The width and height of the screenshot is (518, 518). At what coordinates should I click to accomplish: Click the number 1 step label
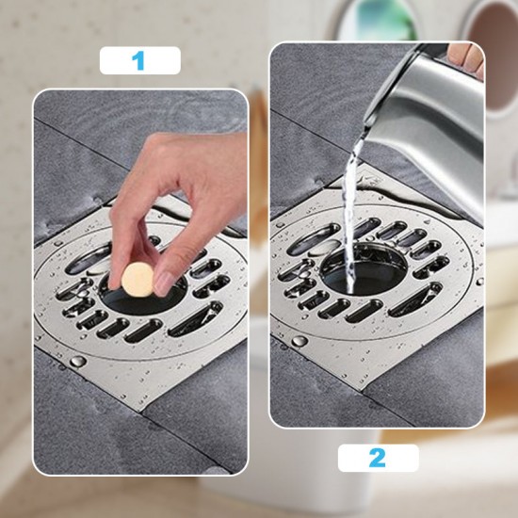[x=139, y=61]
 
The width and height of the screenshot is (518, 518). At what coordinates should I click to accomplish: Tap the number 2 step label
[x=378, y=459]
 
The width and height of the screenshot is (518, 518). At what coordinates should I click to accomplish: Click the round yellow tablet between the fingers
[x=138, y=276]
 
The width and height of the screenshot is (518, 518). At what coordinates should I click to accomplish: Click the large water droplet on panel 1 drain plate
[x=77, y=361]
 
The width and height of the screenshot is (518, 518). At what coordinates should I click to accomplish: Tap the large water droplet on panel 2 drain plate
[x=299, y=341]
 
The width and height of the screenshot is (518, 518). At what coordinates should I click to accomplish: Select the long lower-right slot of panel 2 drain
[x=414, y=300]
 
